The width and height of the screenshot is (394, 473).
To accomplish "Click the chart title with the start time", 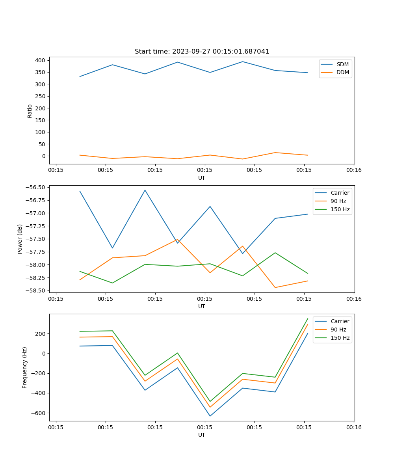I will [202, 52].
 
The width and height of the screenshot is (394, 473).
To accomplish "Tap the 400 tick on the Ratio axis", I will [41, 60].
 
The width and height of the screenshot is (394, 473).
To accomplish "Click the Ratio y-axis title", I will [30, 111].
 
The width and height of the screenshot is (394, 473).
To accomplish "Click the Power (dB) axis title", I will [20, 239].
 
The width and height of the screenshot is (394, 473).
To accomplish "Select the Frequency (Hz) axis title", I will [25, 367].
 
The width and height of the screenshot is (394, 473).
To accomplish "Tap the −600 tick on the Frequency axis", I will [38, 413].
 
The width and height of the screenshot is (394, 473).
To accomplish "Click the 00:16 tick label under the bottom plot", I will [353, 427].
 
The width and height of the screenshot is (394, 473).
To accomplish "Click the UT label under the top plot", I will [202, 178].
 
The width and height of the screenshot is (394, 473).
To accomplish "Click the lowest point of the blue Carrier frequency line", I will [210, 416].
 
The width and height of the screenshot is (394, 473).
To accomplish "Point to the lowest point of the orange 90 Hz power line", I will [275, 287].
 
